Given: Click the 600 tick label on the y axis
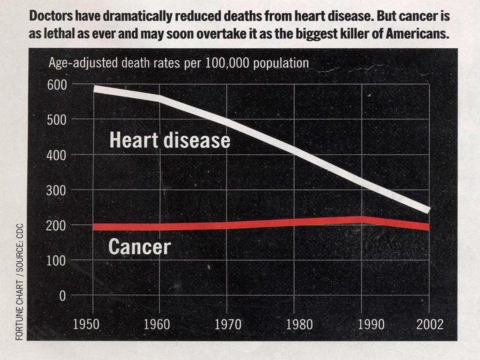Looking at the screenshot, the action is (x=57, y=85).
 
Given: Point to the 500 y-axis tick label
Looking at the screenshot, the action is (x=57, y=120).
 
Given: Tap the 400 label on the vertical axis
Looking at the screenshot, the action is (x=56, y=155).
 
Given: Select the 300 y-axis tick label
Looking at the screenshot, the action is (x=56, y=190).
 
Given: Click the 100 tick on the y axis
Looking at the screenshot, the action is (x=56, y=261).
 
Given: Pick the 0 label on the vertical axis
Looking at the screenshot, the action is (x=62, y=296).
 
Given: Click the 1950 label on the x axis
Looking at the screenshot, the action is (x=86, y=324).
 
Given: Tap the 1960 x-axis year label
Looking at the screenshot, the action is (x=156, y=324).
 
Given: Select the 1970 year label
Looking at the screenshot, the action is (x=227, y=324).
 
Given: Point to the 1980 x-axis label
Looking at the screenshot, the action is (x=299, y=324).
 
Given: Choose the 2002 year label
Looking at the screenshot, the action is (x=430, y=324).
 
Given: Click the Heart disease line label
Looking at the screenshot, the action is (x=170, y=140).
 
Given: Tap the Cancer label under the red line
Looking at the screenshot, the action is (x=139, y=246).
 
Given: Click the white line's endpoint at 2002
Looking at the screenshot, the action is (x=429, y=210).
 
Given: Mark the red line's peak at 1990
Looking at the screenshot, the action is (x=362, y=220).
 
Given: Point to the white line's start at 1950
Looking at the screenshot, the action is (x=94, y=89).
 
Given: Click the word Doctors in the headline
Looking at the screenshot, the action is (x=51, y=16).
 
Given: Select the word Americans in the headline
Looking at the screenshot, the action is (x=417, y=33).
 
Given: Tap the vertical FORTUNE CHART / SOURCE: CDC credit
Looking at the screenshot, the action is (x=19, y=281).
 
